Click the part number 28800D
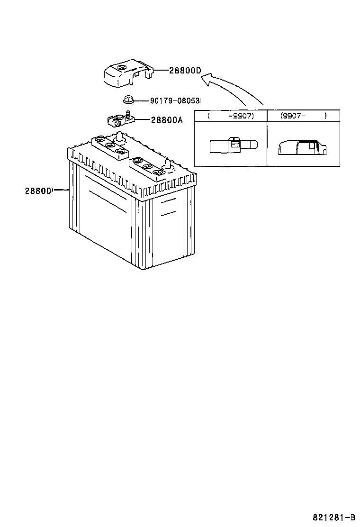point(185,71)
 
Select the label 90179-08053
point(175,101)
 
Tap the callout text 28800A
point(166,120)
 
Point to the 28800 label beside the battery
point(38,191)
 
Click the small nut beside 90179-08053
point(127,100)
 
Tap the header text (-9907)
point(231,116)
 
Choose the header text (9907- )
point(303,116)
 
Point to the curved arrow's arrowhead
point(205,80)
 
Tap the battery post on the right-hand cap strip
point(167,164)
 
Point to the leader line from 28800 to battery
point(61,191)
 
